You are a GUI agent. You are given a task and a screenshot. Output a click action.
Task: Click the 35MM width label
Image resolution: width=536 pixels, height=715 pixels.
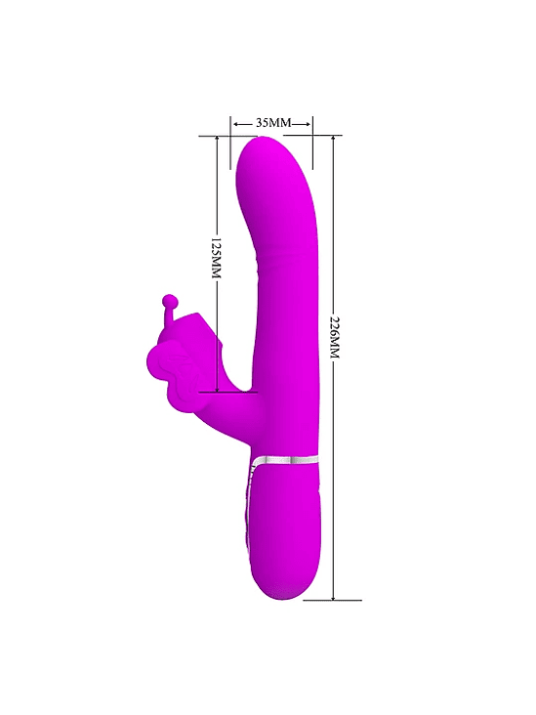(273, 123)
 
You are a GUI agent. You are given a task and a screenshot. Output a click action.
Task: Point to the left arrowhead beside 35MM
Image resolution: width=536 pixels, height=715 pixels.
(236, 123)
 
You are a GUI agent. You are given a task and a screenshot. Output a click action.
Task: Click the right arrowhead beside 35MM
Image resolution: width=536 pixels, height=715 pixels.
(309, 123)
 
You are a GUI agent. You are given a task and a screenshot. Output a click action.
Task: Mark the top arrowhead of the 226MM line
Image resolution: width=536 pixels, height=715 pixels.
(334, 140)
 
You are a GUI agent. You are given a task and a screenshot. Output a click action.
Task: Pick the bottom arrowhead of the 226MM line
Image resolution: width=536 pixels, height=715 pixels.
(334, 596)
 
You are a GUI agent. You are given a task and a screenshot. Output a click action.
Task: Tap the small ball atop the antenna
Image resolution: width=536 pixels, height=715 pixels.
(171, 301)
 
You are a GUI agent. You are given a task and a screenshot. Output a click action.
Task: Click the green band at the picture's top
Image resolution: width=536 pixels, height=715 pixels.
(268, 44)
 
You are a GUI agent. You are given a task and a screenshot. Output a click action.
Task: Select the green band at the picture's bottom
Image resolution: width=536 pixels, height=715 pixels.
(268, 670)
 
